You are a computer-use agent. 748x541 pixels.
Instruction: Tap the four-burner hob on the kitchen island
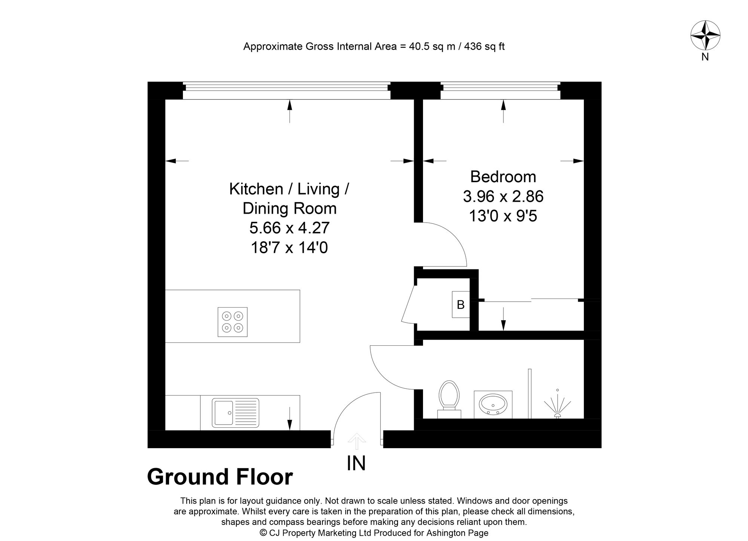pyautogui.click(x=232, y=322)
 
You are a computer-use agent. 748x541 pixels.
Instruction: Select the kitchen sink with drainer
pyautogui.click(x=236, y=413)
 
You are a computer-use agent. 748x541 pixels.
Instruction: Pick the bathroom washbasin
pyautogui.click(x=493, y=404)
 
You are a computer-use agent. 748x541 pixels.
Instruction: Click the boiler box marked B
pyautogui.click(x=461, y=305)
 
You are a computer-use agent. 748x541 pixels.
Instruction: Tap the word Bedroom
pyautogui.click(x=503, y=177)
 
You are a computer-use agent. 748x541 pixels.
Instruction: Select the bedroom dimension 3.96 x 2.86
pyautogui.click(x=503, y=196)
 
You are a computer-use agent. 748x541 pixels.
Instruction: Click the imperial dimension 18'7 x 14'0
pyautogui.click(x=289, y=248)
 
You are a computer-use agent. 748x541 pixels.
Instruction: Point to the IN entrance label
pyautogui.click(x=356, y=463)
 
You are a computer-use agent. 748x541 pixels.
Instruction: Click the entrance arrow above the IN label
pyautogui.click(x=356, y=441)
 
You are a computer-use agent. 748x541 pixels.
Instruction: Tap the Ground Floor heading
pyautogui.click(x=220, y=477)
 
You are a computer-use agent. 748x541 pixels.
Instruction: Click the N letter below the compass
pyautogui.click(x=705, y=57)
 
